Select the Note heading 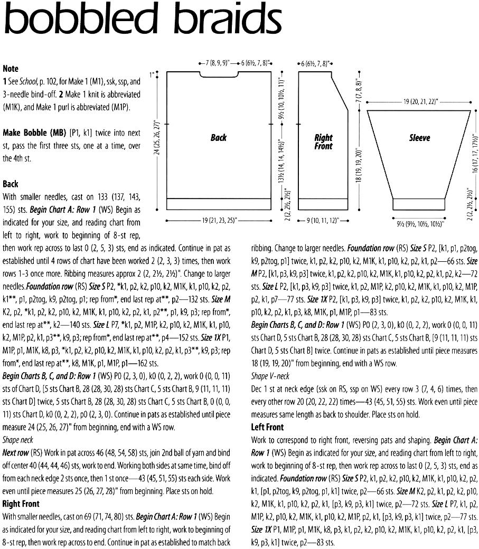[x=11, y=69]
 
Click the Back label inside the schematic [x=218, y=138]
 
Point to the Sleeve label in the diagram [x=419, y=138]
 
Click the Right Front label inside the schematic [x=323, y=142]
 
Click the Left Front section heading [x=267, y=427]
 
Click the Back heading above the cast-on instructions [x=11, y=184]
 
